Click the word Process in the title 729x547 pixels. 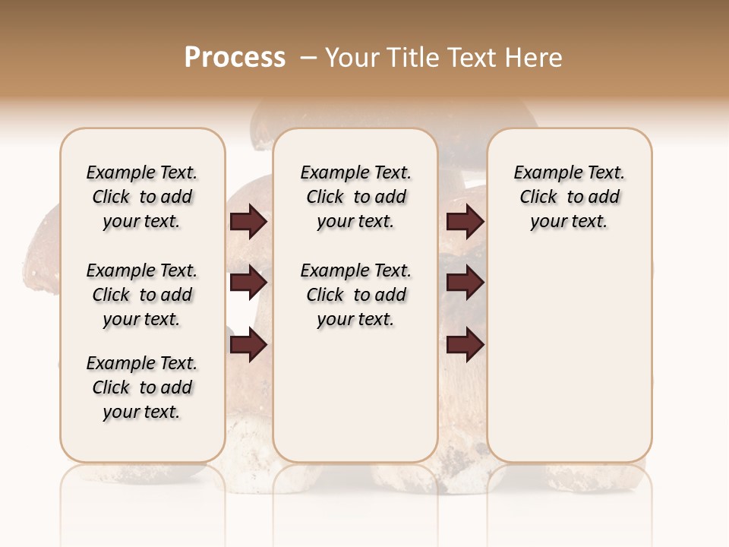[235, 58]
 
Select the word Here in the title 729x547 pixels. [535, 58]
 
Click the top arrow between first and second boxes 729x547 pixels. [248, 222]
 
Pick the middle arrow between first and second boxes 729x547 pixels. [248, 283]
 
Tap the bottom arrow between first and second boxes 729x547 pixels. [248, 346]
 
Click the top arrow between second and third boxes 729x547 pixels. [465, 222]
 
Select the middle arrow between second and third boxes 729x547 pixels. [465, 283]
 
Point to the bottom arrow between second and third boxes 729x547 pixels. [465, 346]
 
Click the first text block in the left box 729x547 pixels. [142, 197]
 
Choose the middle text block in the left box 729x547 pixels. [142, 295]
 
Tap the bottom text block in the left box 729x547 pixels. [142, 387]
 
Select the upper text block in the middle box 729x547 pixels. [355, 197]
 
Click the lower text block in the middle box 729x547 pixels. [355, 295]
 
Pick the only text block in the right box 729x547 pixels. [569, 197]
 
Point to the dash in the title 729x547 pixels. [309, 58]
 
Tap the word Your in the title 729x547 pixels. [352, 58]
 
